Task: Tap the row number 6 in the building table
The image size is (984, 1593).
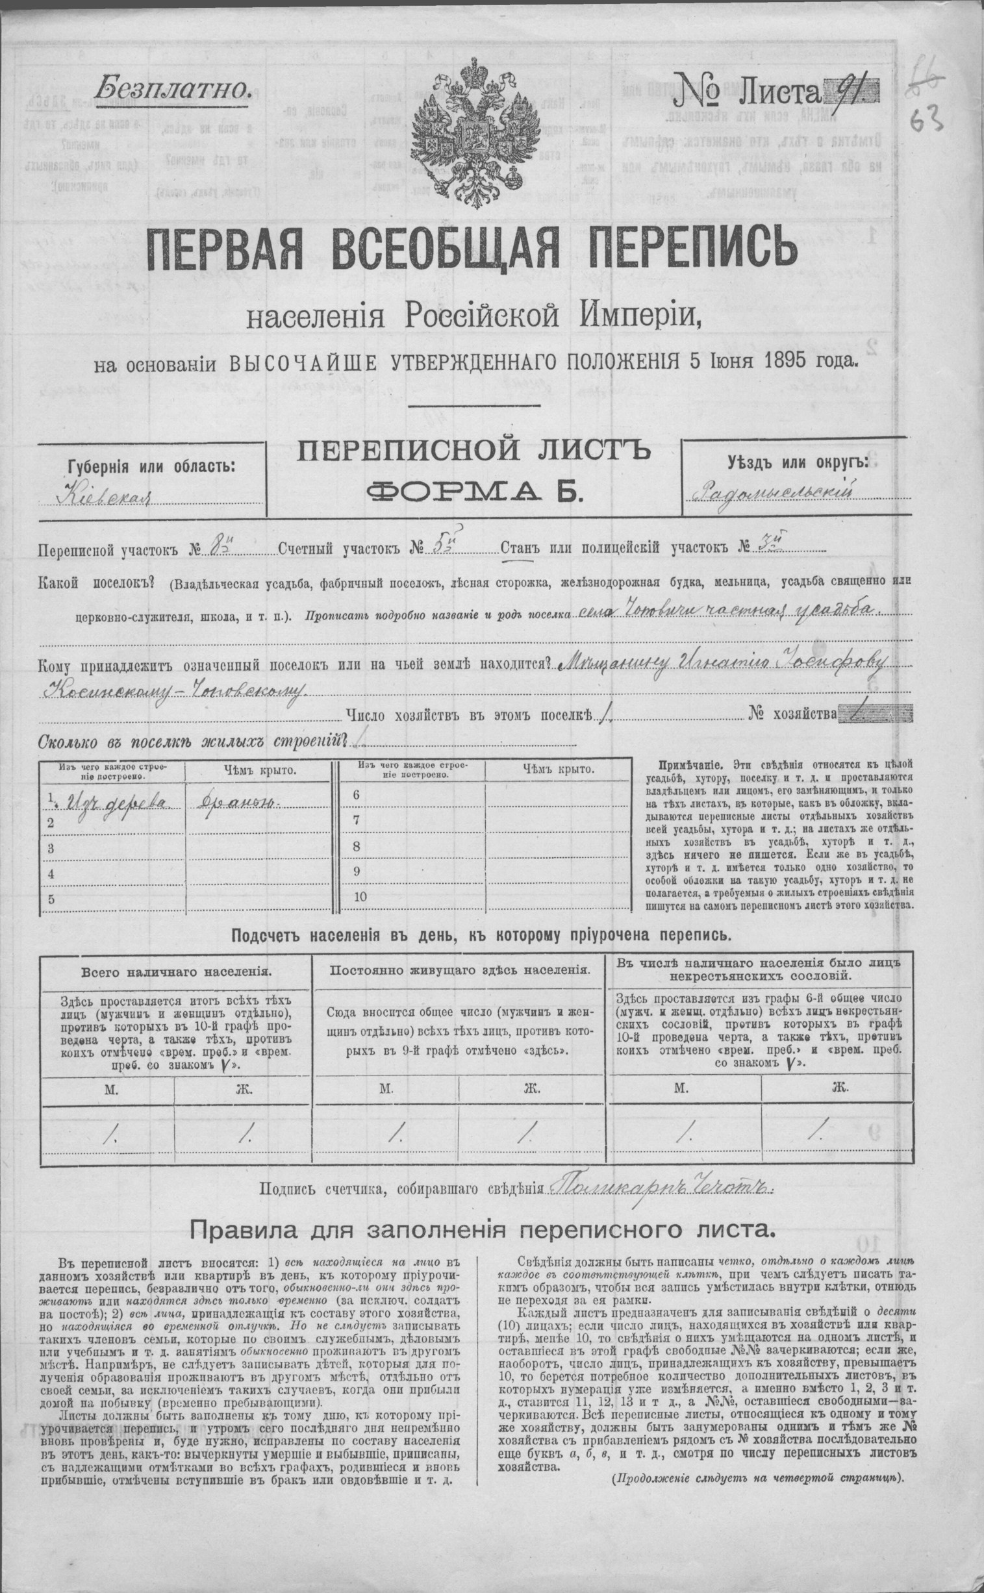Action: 356,795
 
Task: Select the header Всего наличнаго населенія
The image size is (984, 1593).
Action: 176,972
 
